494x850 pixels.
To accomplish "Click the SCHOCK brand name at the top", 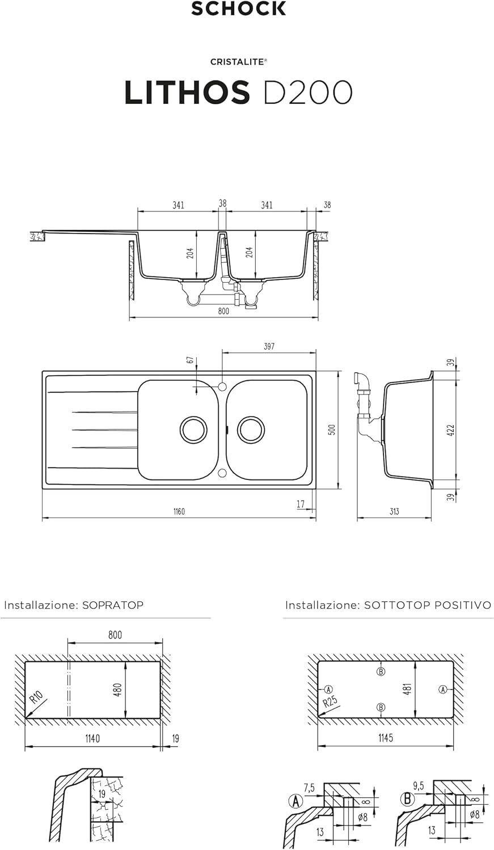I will click(x=238, y=8).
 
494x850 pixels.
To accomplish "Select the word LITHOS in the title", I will click(x=187, y=92).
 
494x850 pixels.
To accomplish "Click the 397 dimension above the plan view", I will click(x=269, y=346).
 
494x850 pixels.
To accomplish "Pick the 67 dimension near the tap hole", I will click(x=191, y=360).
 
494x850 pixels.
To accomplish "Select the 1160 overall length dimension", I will click(x=179, y=512).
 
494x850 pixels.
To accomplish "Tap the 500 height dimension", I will click(x=333, y=430).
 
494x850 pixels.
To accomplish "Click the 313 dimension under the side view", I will click(x=394, y=512).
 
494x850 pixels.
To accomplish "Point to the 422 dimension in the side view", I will click(x=451, y=430).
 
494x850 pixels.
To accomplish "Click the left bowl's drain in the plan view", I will click(x=193, y=430).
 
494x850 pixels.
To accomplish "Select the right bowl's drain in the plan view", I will click(x=251, y=430).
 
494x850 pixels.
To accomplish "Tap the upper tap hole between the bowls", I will click(x=222, y=386).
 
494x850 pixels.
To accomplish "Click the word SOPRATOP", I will click(x=113, y=605).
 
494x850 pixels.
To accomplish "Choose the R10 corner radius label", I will click(x=37, y=698).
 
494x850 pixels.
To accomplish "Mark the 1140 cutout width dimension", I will click(x=92, y=738).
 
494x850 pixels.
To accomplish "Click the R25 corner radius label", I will click(x=330, y=704).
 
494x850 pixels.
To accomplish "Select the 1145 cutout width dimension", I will click(x=385, y=738).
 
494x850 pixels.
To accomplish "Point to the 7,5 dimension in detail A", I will click(x=309, y=788).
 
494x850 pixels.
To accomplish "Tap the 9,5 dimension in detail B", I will click(x=419, y=786).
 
